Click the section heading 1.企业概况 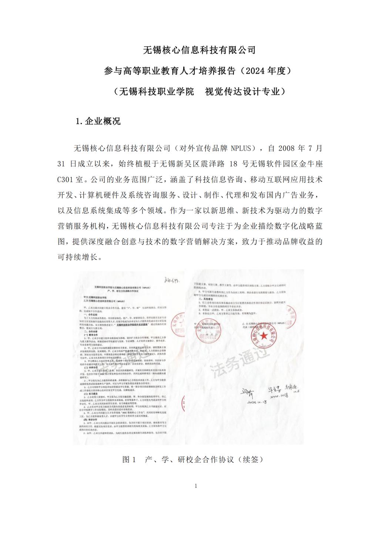coord(98,121)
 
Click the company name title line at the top coord(199,50)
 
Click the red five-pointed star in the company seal coord(264,336)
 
